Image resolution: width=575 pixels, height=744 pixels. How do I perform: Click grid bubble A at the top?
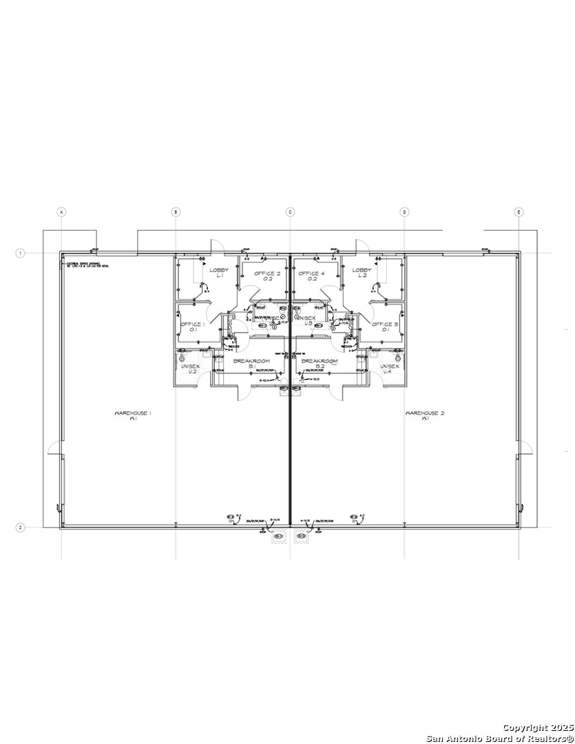(61, 212)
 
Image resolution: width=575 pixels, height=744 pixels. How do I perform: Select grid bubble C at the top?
(290, 212)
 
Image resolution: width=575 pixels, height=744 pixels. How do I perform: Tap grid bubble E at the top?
(519, 212)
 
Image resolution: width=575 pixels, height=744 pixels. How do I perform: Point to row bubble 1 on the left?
(21, 254)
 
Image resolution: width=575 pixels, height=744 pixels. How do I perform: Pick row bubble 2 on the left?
(21, 528)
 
